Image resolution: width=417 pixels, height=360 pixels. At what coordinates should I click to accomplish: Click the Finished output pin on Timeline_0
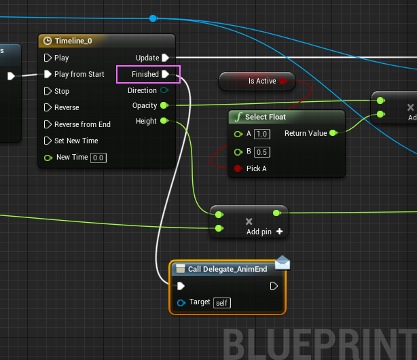click(x=166, y=74)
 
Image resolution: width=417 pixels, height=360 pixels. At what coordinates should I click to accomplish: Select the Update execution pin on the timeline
click(x=166, y=58)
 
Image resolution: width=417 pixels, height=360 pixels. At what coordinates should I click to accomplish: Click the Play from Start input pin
click(x=48, y=74)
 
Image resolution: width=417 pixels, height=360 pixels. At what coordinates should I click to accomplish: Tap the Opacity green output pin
click(x=164, y=106)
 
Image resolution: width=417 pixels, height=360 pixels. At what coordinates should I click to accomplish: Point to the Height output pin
click(x=164, y=121)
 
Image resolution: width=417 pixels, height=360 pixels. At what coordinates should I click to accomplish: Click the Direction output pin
click(x=164, y=90)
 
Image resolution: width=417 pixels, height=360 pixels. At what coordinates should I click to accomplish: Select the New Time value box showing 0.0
click(x=98, y=158)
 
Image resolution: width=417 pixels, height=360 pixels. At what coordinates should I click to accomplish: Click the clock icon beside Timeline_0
click(x=48, y=41)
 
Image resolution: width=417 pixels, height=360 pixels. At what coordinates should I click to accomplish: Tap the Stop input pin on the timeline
click(x=48, y=91)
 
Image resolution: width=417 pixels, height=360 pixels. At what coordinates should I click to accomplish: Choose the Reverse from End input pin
click(x=48, y=124)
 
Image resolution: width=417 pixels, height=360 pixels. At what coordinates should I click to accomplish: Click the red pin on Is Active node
click(x=283, y=81)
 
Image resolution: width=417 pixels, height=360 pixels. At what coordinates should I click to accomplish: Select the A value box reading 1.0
click(x=262, y=134)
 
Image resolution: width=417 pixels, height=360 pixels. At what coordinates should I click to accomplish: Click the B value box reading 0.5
click(x=262, y=152)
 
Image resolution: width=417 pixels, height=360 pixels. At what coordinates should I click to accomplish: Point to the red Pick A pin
click(x=238, y=168)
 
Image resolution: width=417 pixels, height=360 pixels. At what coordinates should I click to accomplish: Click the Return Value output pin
click(x=333, y=133)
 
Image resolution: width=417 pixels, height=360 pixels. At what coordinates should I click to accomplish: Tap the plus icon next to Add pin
click(x=280, y=232)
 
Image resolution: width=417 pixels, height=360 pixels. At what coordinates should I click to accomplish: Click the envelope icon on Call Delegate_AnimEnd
click(x=283, y=263)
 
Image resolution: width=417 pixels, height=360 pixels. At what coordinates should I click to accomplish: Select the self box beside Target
click(x=222, y=303)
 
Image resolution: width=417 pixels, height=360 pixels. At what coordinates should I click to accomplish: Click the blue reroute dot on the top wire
click(x=153, y=18)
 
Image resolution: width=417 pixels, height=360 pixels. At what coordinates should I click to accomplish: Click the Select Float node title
click(x=266, y=117)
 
